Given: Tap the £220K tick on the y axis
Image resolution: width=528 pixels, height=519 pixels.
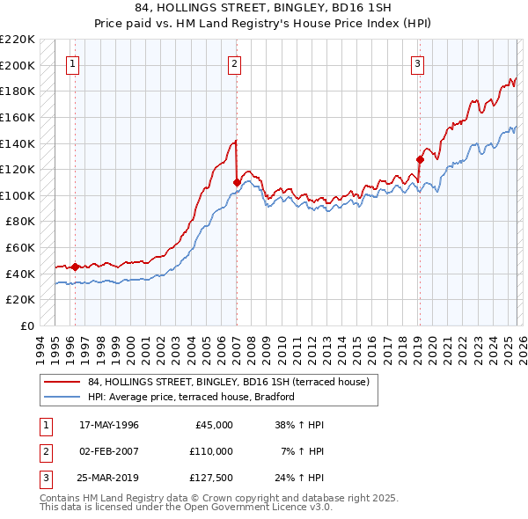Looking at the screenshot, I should tap(18, 40).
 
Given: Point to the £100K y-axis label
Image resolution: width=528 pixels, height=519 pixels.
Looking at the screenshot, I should tap(18, 195).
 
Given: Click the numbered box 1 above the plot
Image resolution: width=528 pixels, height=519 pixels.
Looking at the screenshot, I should tap(72, 63).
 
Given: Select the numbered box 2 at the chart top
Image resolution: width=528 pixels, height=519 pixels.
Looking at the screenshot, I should tap(235, 63).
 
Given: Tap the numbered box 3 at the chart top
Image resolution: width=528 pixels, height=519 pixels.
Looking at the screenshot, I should tap(416, 63).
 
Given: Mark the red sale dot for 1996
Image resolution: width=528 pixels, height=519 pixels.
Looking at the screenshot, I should tap(75, 267).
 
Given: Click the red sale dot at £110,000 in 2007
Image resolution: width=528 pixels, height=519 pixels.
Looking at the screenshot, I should tap(237, 182).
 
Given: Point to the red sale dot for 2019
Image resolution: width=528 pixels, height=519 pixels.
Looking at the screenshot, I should tap(420, 159).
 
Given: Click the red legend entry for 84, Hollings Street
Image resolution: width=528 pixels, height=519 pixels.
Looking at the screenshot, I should tap(233, 382).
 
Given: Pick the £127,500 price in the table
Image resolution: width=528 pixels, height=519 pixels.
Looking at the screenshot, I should tap(210, 479).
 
